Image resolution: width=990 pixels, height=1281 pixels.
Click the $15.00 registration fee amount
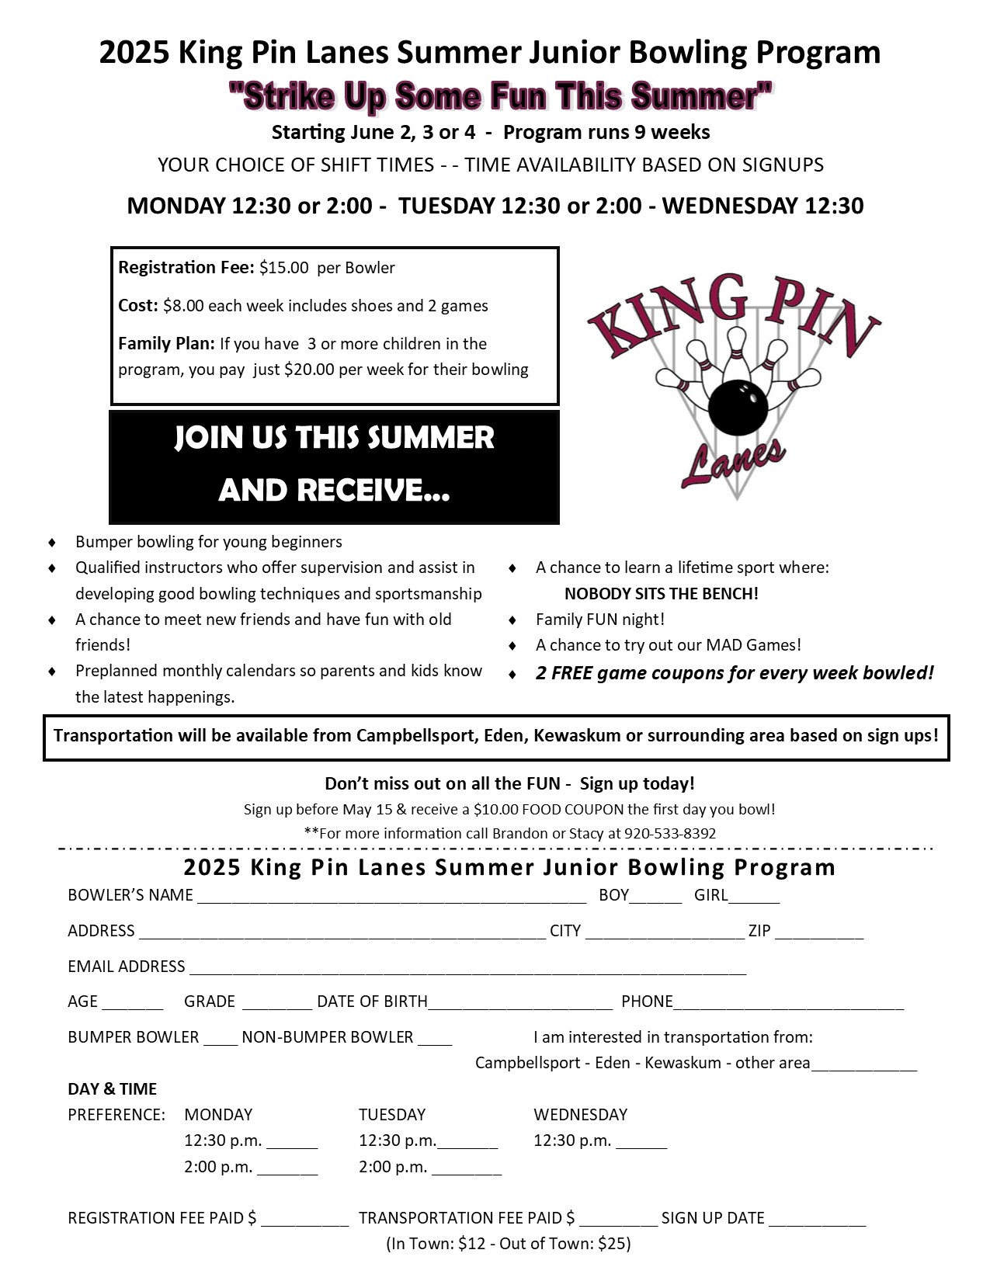click(x=283, y=268)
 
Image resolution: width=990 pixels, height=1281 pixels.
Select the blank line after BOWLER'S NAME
click(x=391, y=897)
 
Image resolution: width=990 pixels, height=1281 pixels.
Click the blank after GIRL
click(x=754, y=897)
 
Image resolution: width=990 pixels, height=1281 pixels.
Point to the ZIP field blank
click(x=819, y=932)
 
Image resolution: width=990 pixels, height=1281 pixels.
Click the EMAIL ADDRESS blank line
click(x=467, y=968)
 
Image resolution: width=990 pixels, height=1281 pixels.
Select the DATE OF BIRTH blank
click(x=520, y=1003)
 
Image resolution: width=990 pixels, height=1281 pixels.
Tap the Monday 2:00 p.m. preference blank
click(x=287, y=1168)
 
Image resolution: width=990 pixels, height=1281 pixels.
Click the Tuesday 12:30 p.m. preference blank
click(x=467, y=1143)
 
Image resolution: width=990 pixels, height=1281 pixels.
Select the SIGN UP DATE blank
click(x=817, y=1220)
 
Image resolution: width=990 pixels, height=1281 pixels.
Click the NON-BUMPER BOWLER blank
click(x=435, y=1039)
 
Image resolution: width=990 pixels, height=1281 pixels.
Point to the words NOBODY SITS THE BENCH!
click(x=661, y=594)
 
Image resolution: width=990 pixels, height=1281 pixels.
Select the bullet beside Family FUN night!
click(x=512, y=620)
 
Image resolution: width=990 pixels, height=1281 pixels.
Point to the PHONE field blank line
click(x=789, y=1003)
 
